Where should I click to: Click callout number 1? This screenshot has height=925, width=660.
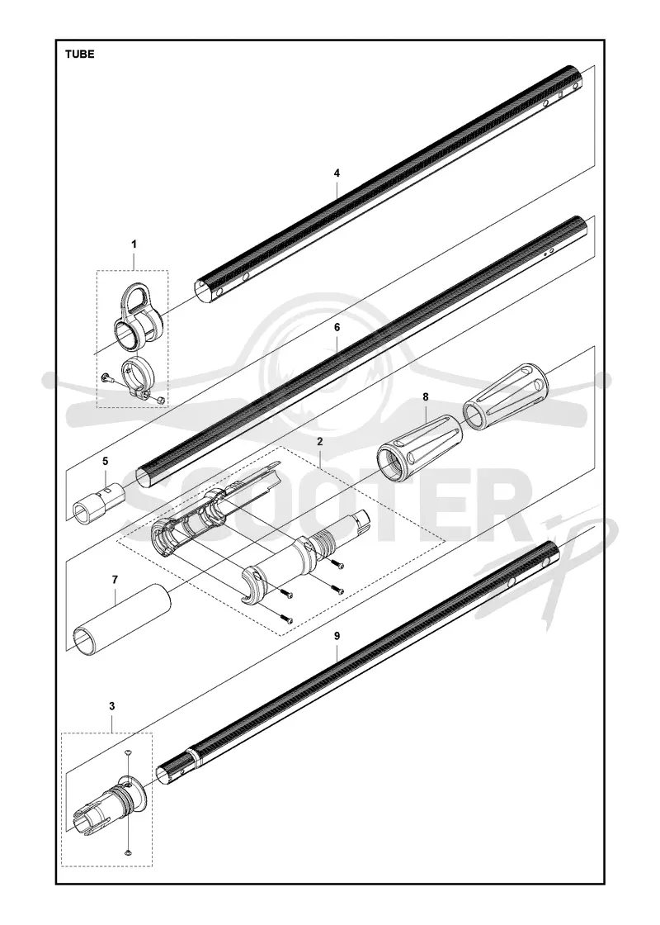click(x=134, y=244)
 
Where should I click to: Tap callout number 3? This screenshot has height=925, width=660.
click(x=112, y=706)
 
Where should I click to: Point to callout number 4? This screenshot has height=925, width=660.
click(x=337, y=173)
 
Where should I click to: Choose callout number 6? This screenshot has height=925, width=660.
click(x=337, y=344)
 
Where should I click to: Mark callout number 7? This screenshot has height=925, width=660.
click(x=115, y=580)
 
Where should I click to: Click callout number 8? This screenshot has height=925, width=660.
click(x=425, y=397)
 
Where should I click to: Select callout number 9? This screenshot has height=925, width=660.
click(x=337, y=636)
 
